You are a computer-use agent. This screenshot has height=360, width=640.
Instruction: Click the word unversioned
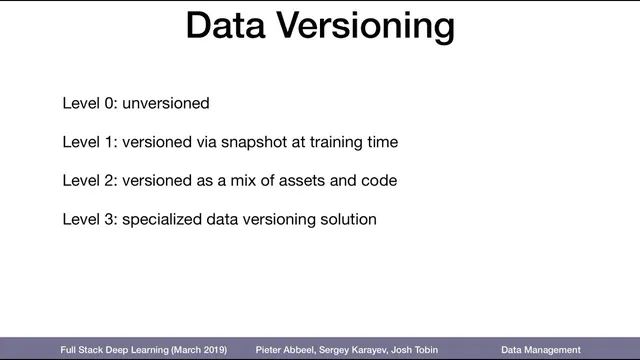[x=166, y=103]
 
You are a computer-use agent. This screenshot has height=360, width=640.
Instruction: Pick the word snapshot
[x=250, y=142]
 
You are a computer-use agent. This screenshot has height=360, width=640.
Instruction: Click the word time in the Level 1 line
[x=382, y=142]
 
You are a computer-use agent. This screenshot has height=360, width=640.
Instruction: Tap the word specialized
[x=161, y=218]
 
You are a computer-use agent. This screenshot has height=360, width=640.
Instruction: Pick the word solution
[x=347, y=218]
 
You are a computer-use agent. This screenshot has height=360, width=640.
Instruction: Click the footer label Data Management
[x=540, y=350]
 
